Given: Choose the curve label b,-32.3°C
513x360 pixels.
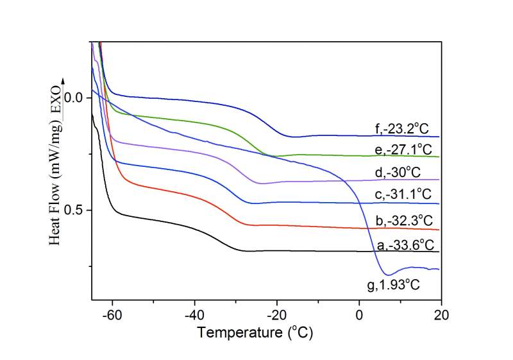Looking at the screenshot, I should pos(407,221).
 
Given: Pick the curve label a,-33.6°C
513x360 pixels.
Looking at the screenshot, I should pos(404,244).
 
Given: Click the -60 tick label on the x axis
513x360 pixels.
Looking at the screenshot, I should pos(111,315).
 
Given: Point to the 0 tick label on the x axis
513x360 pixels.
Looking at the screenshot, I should pos(359,315).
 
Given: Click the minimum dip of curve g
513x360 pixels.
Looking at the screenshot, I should pos(389,275).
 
